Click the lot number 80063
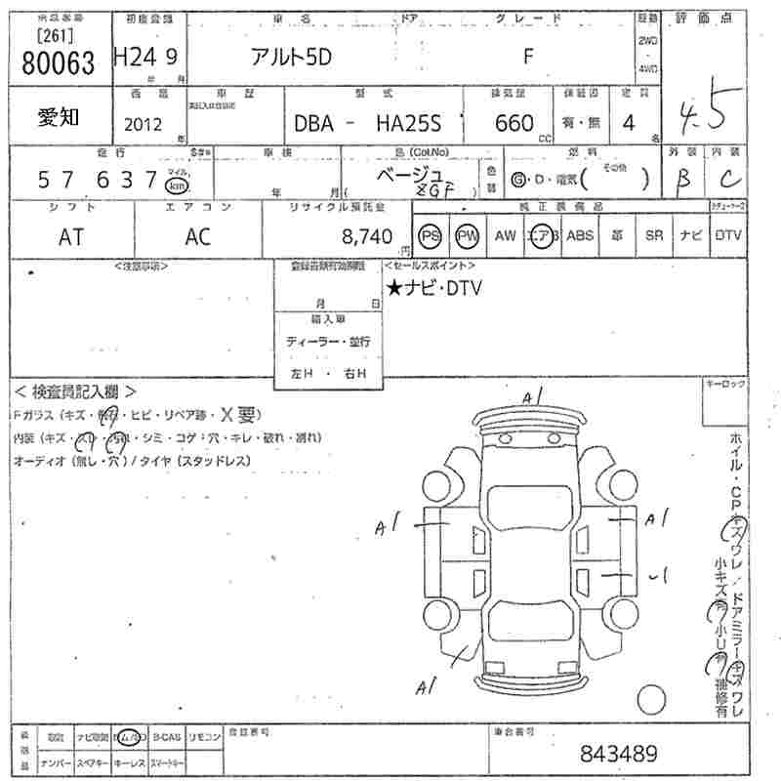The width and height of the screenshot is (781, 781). [58, 64]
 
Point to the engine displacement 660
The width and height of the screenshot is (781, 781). [514, 123]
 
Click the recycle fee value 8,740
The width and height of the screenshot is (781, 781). [367, 235]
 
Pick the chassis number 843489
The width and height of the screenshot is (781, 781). [619, 754]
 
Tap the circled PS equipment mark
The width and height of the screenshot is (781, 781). [431, 235]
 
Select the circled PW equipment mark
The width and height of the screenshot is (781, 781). [468, 235]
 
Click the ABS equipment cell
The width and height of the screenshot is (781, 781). [580, 235]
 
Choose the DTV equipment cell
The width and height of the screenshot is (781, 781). [727, 235]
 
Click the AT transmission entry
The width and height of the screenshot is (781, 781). [71, 235]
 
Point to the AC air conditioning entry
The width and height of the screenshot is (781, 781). [198, 235]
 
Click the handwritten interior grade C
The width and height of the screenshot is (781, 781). [727, 179]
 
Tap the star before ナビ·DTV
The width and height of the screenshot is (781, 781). [393, 288]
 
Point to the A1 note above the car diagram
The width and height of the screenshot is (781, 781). [532, 396]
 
